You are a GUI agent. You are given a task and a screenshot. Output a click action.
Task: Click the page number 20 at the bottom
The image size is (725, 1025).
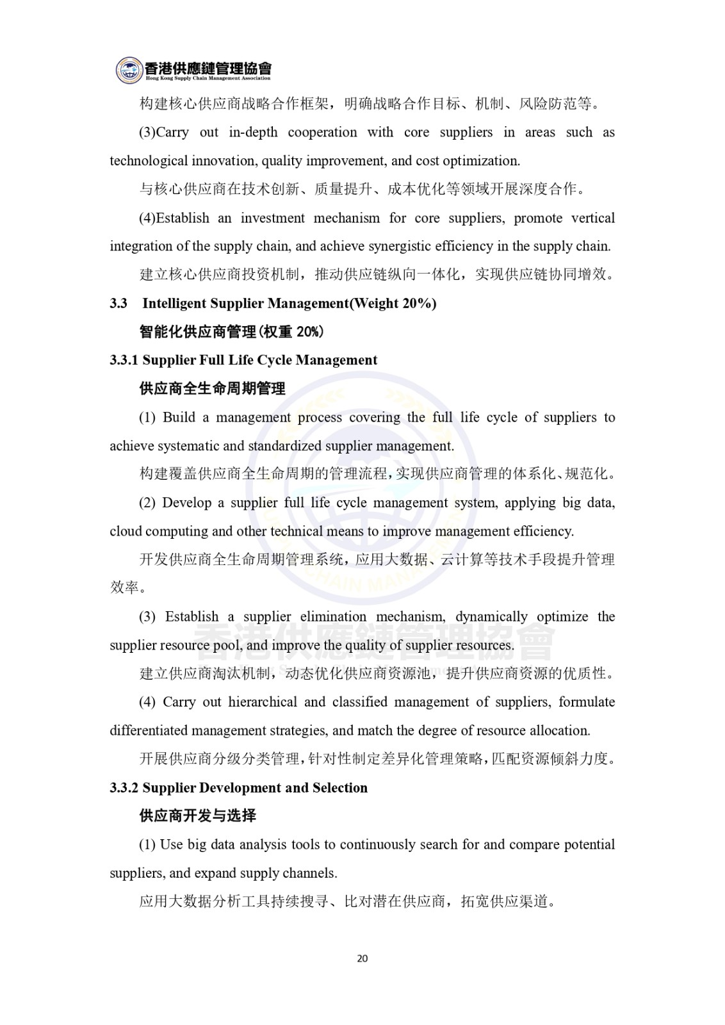tap(362, 958)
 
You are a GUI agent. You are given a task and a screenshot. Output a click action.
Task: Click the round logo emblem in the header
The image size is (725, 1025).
tap(129, 70)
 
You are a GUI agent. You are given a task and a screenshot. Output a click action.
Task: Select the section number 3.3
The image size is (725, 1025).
tap(118, 304)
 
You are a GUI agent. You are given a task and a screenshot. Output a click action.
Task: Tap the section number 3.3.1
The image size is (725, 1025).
tap(124, 360)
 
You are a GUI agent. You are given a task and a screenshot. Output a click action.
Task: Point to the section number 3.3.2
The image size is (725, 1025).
tap(124, 788)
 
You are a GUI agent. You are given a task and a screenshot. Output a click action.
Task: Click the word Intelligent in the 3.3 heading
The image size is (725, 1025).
tap(174, 304)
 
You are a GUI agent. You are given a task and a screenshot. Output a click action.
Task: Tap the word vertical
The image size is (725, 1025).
tap(593, 218)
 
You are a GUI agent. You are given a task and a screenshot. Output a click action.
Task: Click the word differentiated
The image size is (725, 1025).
tap(149, 731)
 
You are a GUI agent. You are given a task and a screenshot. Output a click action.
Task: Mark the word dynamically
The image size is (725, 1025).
tap(491, 617)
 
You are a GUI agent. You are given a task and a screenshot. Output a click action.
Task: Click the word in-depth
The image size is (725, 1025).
tap(253, 133)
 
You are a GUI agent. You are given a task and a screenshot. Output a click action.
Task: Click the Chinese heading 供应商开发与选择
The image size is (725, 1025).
tap(198, 816)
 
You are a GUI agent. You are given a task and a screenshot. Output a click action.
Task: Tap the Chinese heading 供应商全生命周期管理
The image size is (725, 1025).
tap(213, 389)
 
